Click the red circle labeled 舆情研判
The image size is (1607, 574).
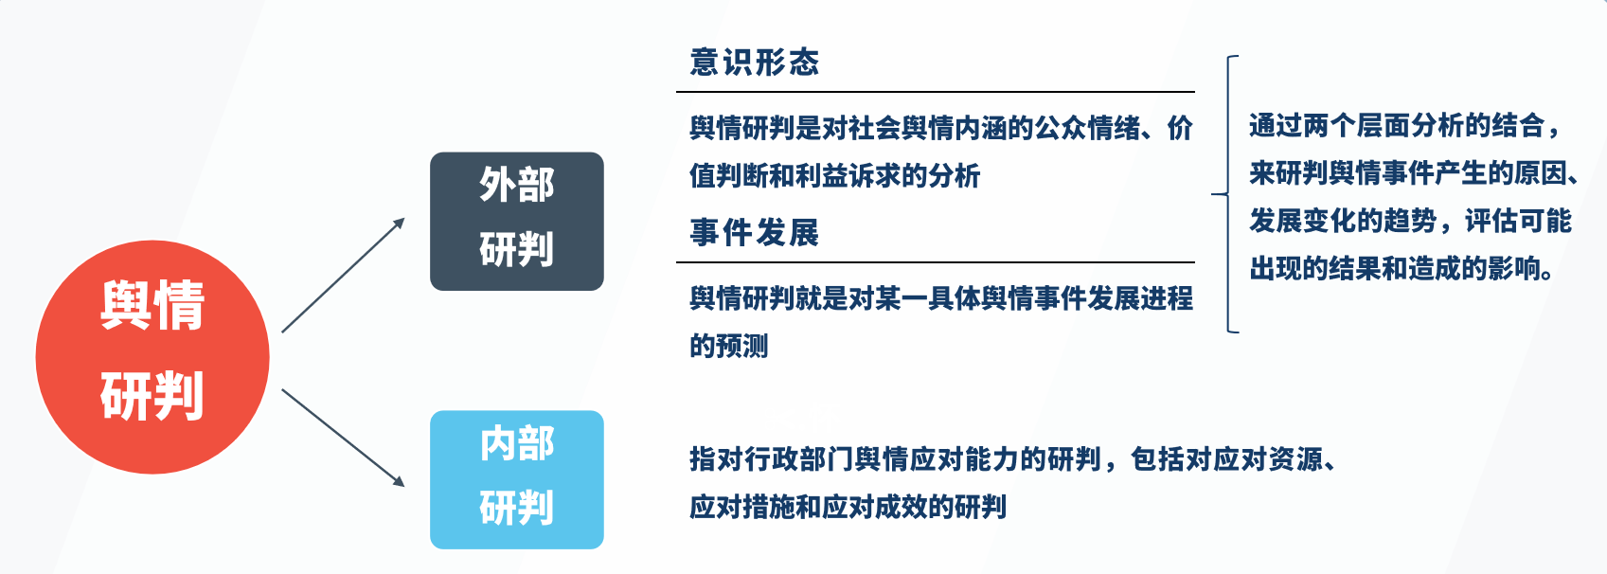coord(152,356)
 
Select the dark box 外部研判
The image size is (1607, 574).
coord(516,221)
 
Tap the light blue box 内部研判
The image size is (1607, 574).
coord(516,479)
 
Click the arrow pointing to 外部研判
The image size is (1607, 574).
coord(344,276)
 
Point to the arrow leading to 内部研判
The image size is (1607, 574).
coord(344,438)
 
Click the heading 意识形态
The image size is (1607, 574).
coord(754,63)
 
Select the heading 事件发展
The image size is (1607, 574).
coord(754,233)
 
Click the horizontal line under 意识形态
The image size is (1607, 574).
coord(936,92)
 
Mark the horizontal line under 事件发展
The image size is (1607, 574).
coord(936,262)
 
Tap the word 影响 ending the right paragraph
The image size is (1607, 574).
coord(1514,269)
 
